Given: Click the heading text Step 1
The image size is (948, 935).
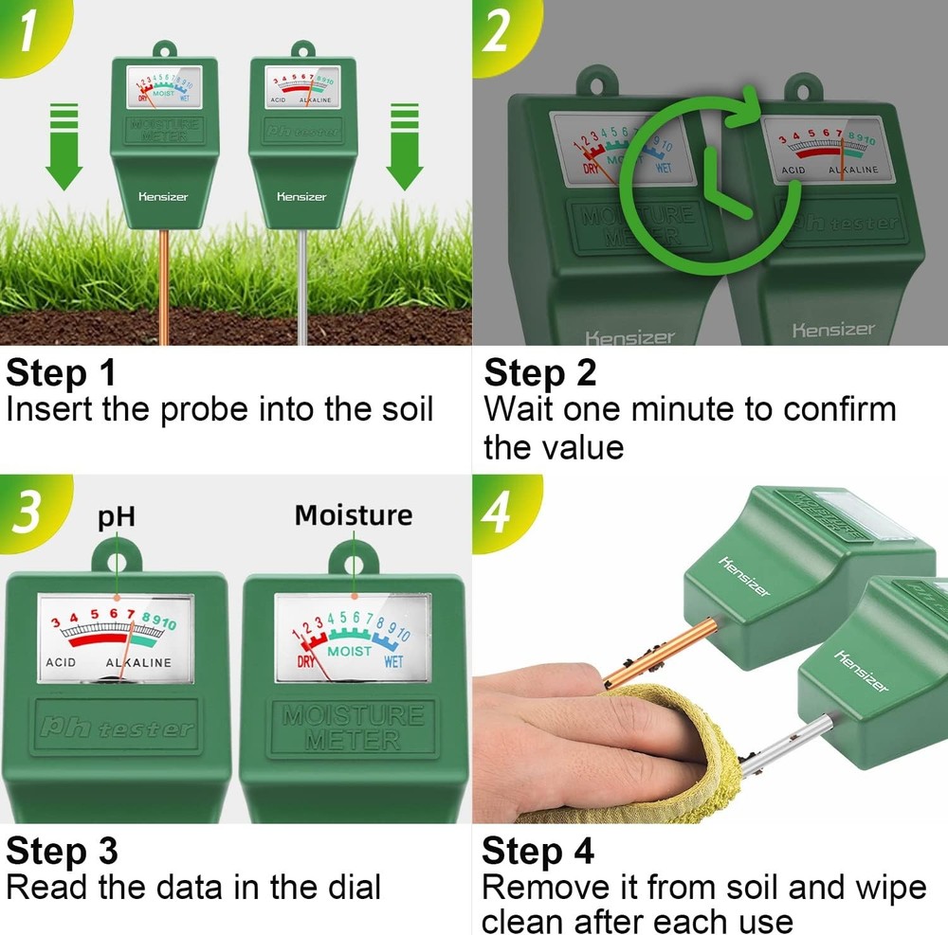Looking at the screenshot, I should [x=61, y=373].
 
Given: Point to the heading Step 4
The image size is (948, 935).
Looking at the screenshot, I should [x=538, y=851].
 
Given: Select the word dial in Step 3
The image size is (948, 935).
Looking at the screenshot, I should [x=347, y=888].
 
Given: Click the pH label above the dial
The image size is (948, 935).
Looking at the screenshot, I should [x=117, y=517].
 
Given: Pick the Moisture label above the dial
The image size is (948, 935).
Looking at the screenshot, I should [x=354, y=515].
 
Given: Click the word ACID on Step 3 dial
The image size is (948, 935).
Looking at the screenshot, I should [x=61, y=662].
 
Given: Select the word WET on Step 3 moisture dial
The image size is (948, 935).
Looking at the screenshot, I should [x=392, y=662].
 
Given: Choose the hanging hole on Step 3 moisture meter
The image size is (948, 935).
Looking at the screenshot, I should [x=353, y=558].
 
